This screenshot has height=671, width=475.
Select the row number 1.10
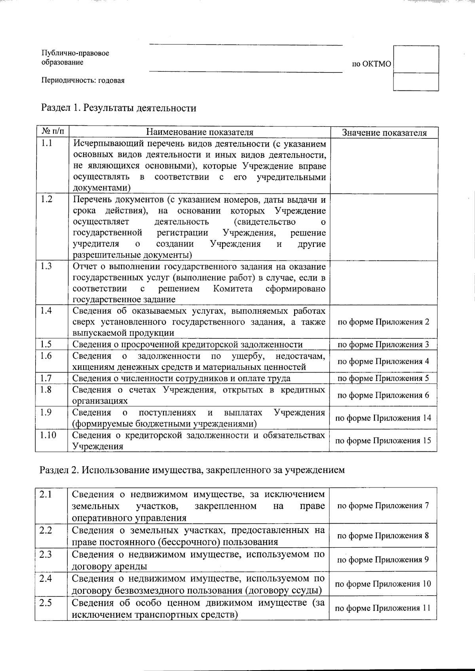click(x=48, y=435)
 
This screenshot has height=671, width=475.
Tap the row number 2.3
click(x=46, y=554)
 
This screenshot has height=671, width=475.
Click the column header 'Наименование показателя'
click(x=200, y=132)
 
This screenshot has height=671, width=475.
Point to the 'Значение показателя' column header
click(x=384, y=133)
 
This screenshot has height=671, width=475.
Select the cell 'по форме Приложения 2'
click(x=383, y=322)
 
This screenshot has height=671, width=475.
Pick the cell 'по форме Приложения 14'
click(x=383, y=418)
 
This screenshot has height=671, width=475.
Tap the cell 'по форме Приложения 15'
click(x=383, y=440)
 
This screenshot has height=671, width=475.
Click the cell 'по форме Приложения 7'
click(x=383, y=505)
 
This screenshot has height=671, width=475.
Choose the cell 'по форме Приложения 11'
click(x=383, y=608)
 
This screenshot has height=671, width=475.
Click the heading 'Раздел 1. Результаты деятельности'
click(x=119, y=108)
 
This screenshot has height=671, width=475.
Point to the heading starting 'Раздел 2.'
click(x=192, y=470)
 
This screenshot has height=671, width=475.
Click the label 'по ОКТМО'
click(x=371, y=64)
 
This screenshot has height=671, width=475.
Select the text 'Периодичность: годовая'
click(x=83, y=81)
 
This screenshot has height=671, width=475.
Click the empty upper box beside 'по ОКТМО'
click(x=416, y=59)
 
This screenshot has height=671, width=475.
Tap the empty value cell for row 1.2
click(x=384, y=227)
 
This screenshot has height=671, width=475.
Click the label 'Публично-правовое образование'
click(x=75, y=57)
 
